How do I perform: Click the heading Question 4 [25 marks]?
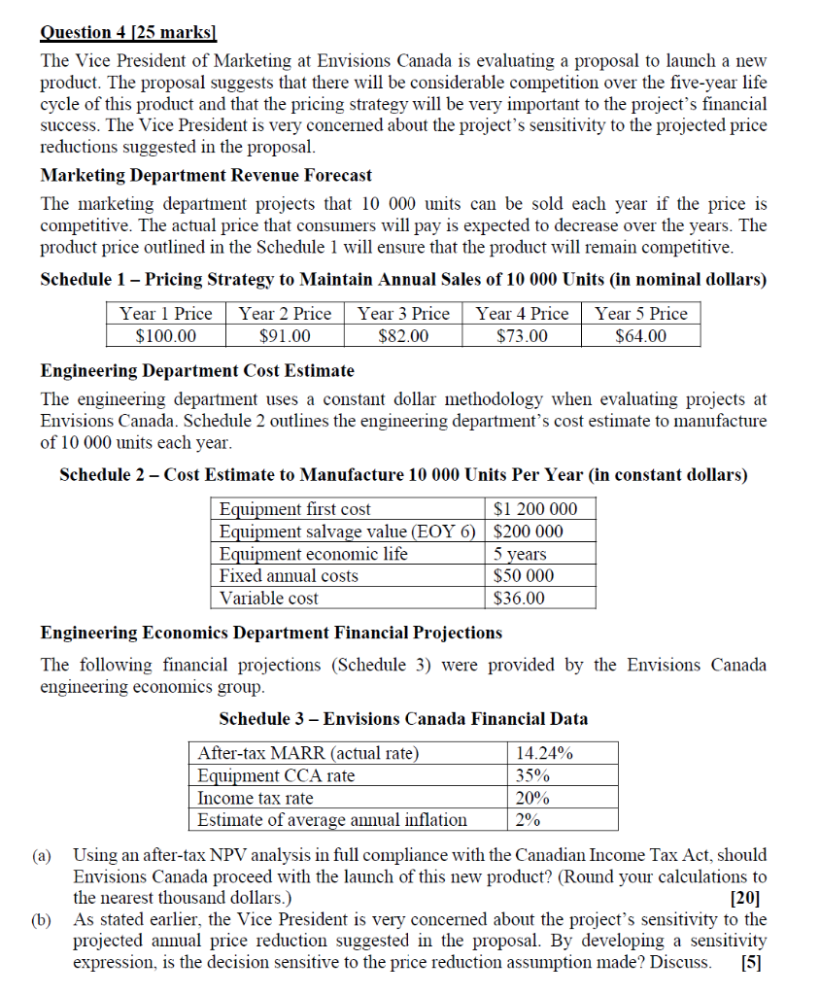(x=127, y=32)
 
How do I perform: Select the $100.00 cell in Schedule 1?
(x=165, y=336)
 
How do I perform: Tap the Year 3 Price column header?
(x=403, y=314)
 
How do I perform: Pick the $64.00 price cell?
(x=641, y=336)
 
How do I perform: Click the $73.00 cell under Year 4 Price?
(x=522, y=336)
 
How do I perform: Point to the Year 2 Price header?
(x=285, y=314)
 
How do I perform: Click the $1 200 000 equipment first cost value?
(x=535, y=509)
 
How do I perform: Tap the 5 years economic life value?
(x=521, y=554)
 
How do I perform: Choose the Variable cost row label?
(x=269, y=599)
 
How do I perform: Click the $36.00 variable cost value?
(x=520, y=599)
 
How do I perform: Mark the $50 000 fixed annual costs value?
(x=525, y=576)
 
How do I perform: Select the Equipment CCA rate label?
(x=276, y=775)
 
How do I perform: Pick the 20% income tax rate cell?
(x=532, y=798)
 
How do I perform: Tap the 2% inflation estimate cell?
(x=528, y=820)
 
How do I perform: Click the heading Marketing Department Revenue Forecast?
(x=206, y=175)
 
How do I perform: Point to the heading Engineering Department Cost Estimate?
(x=197, y=370)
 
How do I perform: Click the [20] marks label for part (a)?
(x=749, y=899)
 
